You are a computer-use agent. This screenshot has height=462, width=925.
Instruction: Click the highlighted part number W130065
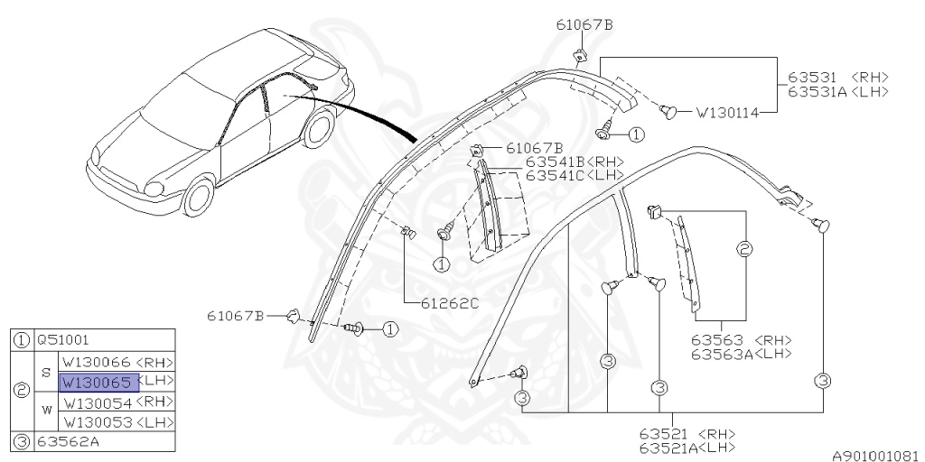click(x=98, y=382)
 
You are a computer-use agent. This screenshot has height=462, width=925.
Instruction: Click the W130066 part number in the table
click(x=97, y=362)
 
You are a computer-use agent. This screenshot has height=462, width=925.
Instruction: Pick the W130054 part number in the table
click(x=97, y=402)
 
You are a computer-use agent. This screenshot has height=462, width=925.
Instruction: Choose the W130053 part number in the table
click(x=97, y=422)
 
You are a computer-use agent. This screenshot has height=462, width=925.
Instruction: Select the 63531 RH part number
click(x=818, y=79)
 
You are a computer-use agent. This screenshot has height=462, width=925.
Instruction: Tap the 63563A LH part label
click(x=741, y=354)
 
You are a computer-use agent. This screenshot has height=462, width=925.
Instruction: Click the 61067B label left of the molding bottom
click(x=236, y=315)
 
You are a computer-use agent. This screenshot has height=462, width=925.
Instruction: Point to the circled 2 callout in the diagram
click(x=745, y=249)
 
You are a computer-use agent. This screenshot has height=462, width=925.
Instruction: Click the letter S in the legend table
click(x=47, y=372)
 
